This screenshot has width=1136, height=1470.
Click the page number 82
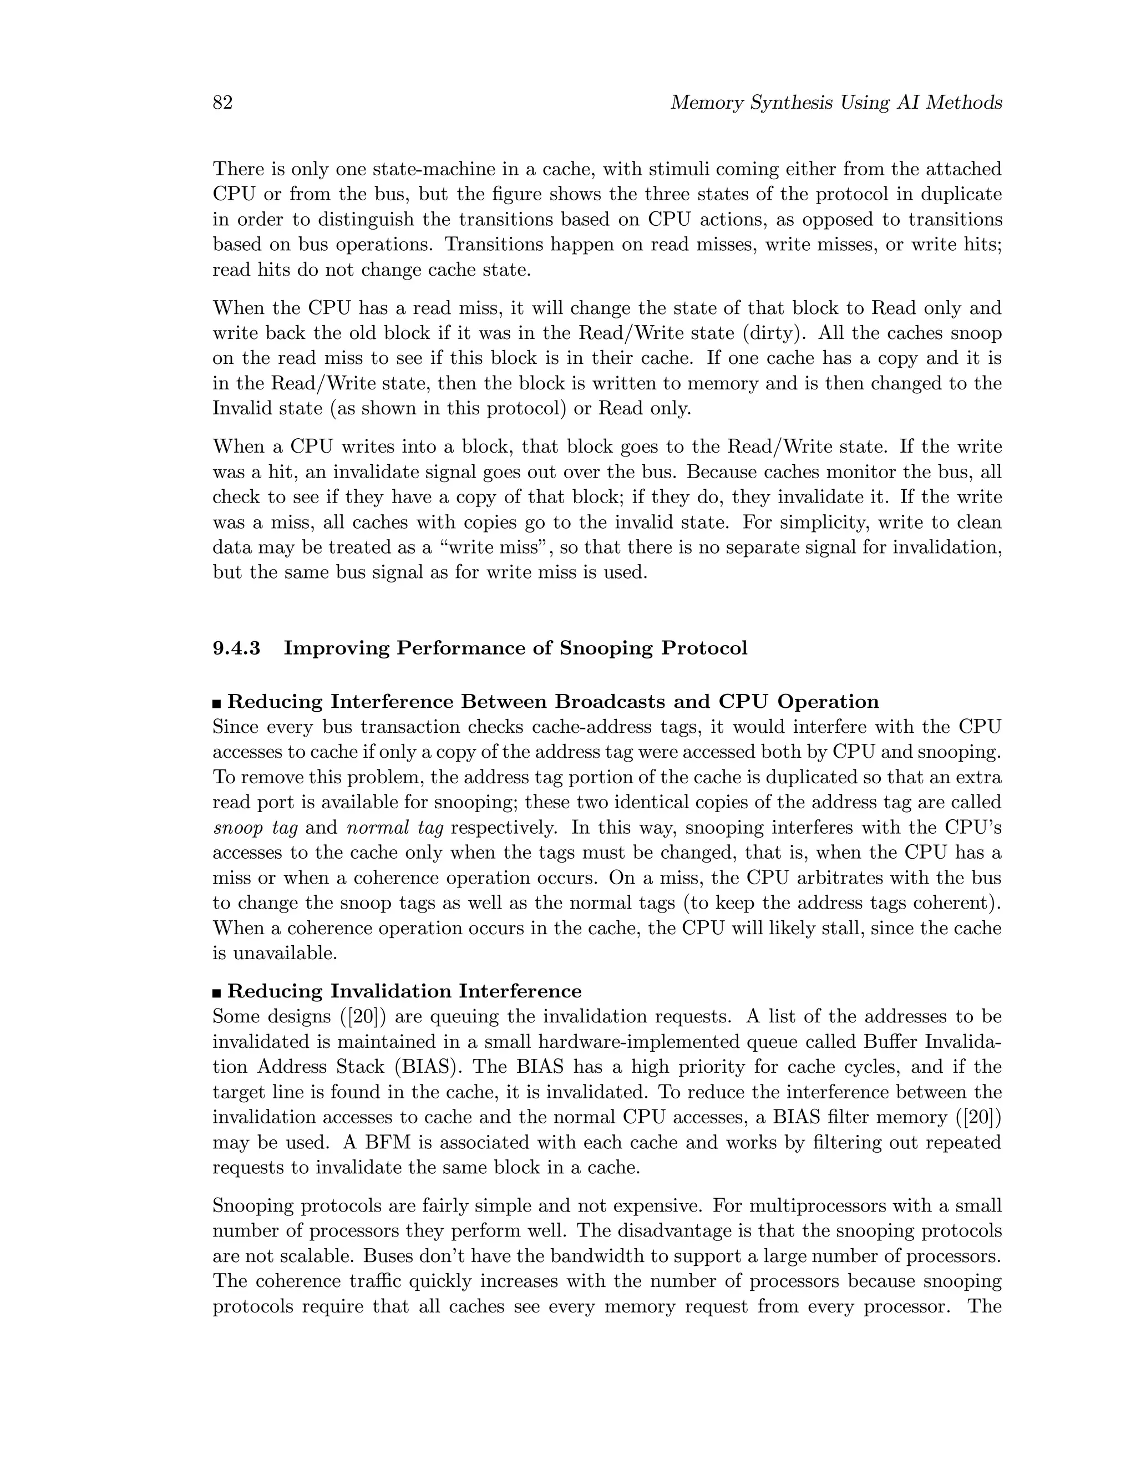(223, 103)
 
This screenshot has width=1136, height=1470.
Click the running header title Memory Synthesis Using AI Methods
(836, 103)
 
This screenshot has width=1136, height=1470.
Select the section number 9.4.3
(236, 648)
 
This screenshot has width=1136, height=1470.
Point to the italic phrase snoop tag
(255, 828)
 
